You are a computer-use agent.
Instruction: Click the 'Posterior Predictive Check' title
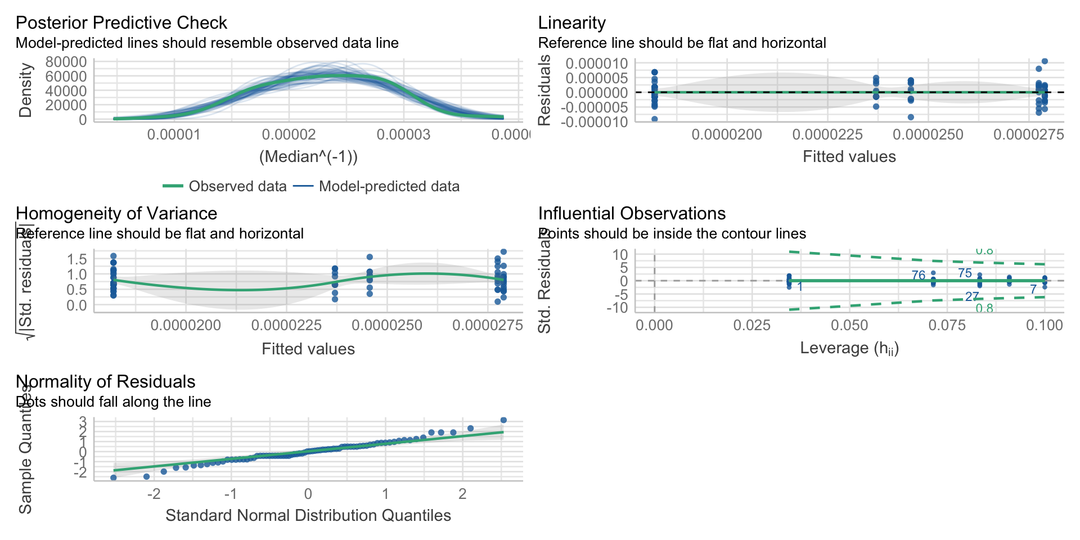(x=121, y=22)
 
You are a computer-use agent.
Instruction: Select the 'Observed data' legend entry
(x=237, y=186)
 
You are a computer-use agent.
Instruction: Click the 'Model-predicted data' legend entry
(x=389, y=186)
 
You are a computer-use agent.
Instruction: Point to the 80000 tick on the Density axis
(x=66, y=61)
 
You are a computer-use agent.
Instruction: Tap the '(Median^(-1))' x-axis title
(x=308, y=156)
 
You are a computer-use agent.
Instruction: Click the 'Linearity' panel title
(x=571, y=22)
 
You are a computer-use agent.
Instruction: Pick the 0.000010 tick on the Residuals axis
(x=596, y=63)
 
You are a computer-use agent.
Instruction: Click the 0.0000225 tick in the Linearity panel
(x=827, y=134)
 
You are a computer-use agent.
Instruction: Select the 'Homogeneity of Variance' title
(x=116, y=213)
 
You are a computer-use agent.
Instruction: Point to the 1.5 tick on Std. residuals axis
(x=77, y=259)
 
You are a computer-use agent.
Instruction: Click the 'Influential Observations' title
(x=632, y=213)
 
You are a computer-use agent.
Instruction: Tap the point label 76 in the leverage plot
(x=918, y=275)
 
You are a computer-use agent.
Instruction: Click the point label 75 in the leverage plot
(x=965, y=273)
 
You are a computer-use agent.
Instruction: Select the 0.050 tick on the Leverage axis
(x=849, y=325)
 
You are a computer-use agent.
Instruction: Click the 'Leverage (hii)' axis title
(x=849, y=348)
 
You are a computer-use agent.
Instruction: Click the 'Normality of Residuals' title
(x=105, y=381)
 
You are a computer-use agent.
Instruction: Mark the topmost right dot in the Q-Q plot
(x=503, y=420)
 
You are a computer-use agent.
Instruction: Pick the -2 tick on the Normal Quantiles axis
(x=154, y=494)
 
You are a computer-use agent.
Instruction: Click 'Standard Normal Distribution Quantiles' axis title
(x=308, y=515)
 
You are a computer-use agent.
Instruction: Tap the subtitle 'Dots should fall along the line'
(x=114, y=402)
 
